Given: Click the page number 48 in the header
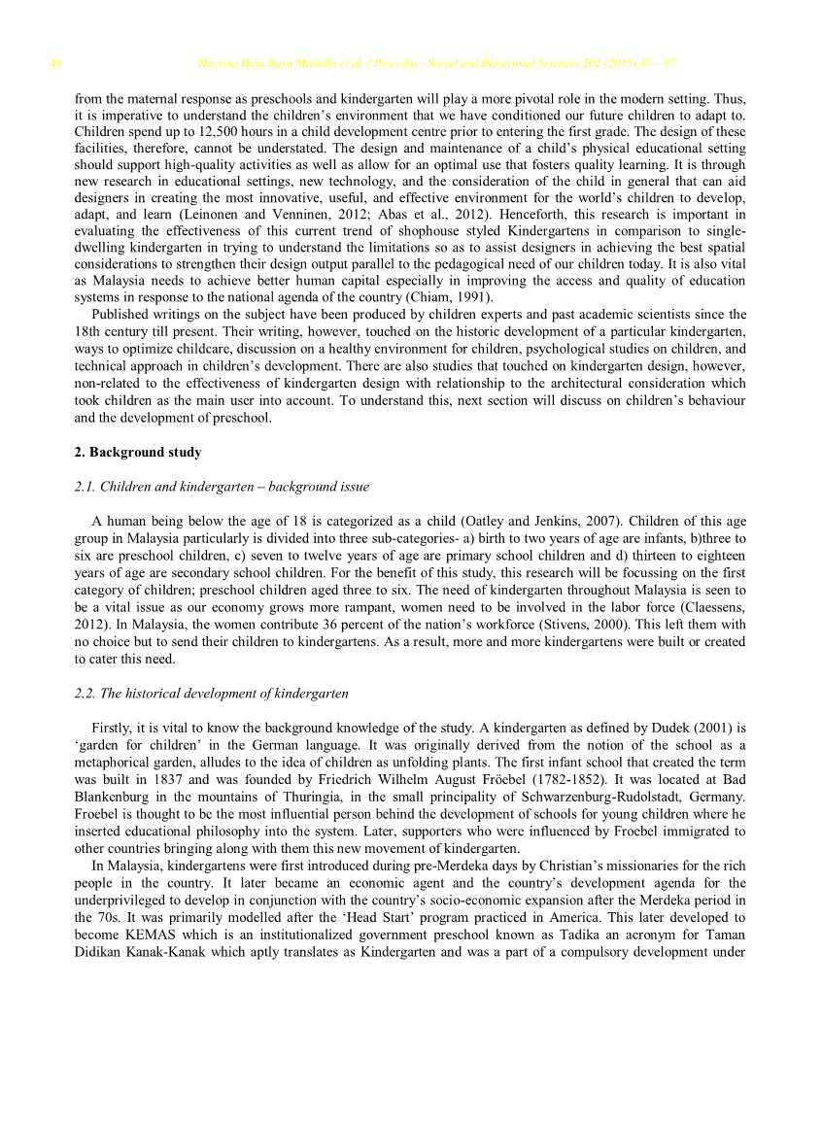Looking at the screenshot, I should [x=55, y=64].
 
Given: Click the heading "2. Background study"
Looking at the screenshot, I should [x=137, y=453].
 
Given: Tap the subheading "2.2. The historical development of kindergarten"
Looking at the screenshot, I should [x=211, y=694].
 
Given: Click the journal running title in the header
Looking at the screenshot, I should [x=437, y=64].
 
